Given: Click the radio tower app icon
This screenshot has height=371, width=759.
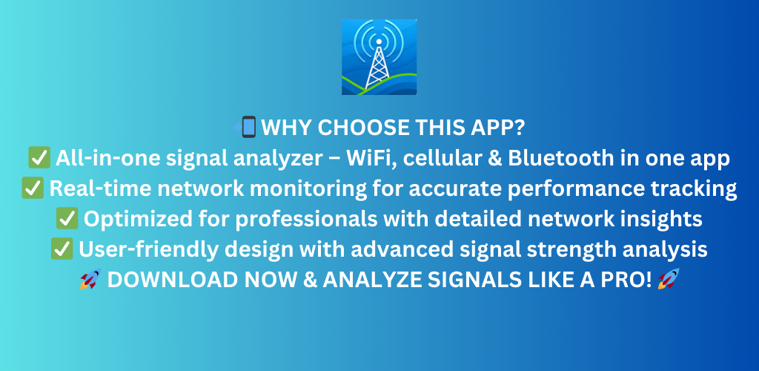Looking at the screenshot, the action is tap(379, 57).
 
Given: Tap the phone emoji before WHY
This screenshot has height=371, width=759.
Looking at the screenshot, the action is tap(246, 128).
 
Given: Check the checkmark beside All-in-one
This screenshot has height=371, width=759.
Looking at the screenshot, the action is tap(39, 158).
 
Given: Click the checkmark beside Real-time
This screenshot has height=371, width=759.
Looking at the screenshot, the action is tap(33, 188).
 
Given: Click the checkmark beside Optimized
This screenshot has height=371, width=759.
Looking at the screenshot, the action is tap(67, 219).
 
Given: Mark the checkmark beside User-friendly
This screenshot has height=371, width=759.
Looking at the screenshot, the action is tap(62, 249).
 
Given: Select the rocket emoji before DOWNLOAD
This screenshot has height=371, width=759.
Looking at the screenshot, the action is tap(90, 280).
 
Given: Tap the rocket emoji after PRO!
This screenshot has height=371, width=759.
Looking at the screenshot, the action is tap(669, 280).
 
